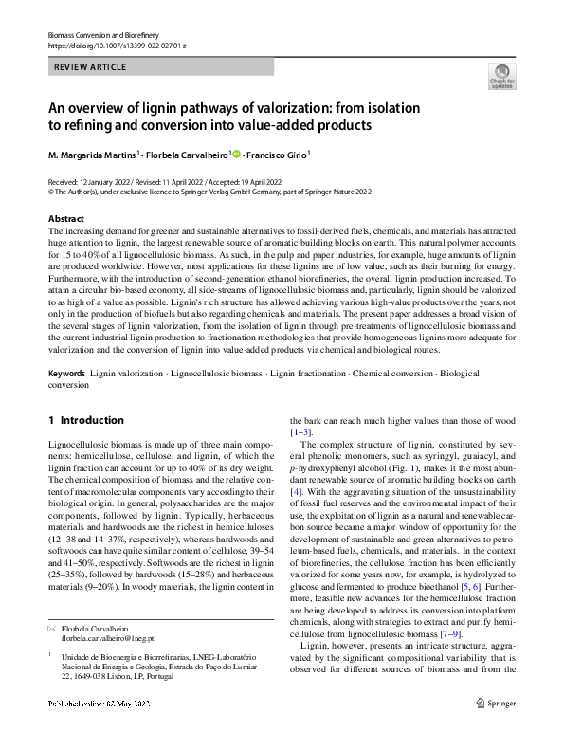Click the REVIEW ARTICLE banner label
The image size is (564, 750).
pyautogui.click(x=91, y=68)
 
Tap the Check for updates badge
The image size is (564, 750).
pyautogui.click(x=501, y=76)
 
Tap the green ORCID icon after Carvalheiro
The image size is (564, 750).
pyautogui.click(x=236, y=154)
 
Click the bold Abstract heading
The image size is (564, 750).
pyautogui.click(x=66, y=219)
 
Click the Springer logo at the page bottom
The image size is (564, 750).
pyautogui.click(x=495, y=730)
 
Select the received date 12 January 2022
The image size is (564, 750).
pyautogui.click(x=108, y=179)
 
